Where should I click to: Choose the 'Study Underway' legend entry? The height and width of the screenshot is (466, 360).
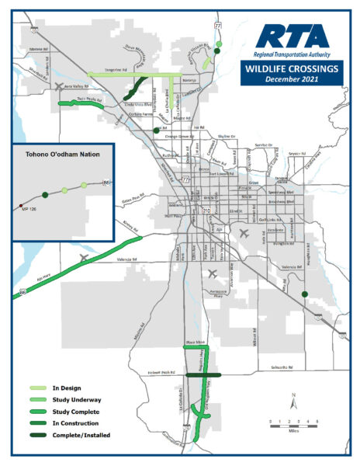(74, 399)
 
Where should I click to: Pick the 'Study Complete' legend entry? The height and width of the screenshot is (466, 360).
(74, 411)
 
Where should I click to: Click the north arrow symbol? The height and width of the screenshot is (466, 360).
(294, 402)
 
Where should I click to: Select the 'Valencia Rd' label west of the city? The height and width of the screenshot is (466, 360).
(127, 260)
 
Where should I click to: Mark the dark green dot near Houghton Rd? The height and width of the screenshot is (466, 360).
(305, 294)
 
